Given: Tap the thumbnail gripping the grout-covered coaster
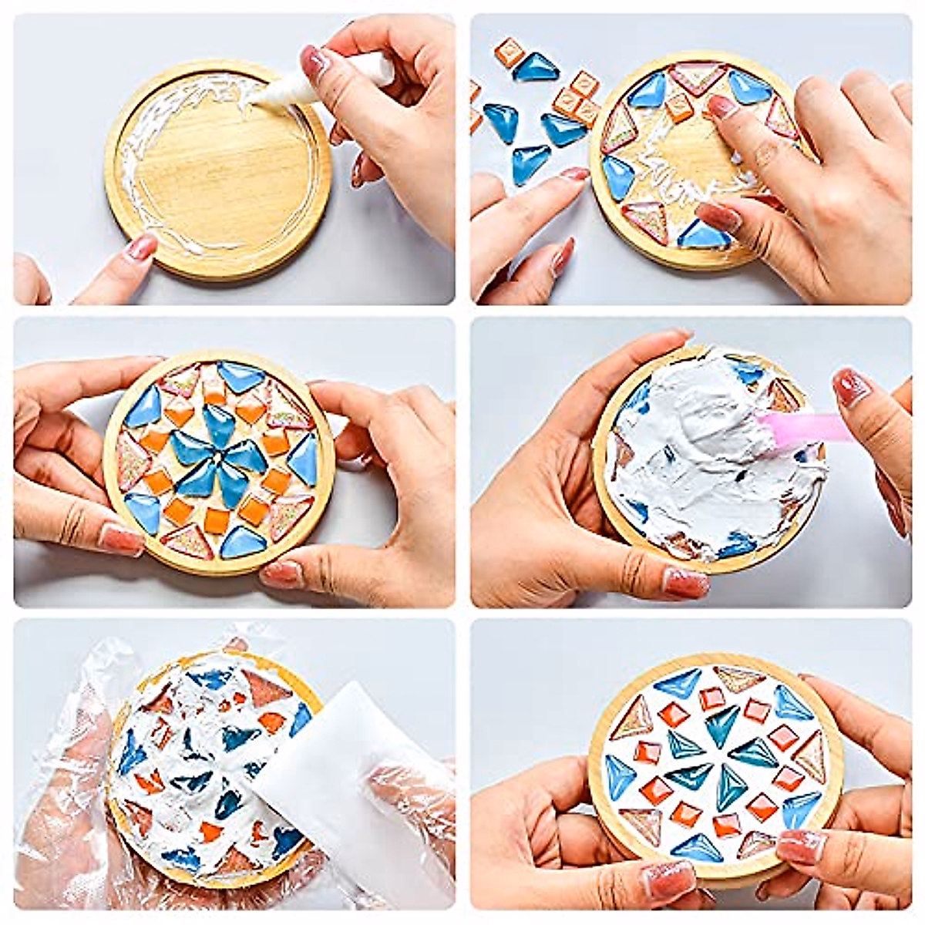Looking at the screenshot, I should point(684,583).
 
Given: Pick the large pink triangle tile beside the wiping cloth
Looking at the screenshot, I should point(266,690).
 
